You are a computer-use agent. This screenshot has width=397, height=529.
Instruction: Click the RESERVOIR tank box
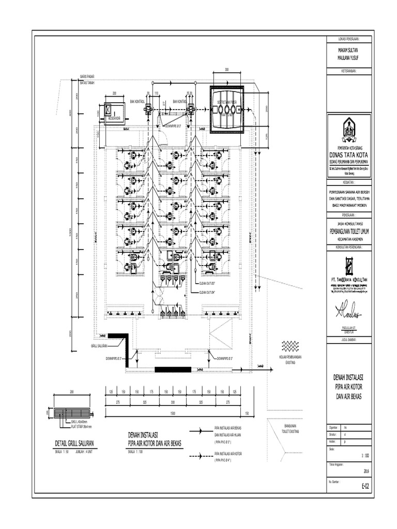coord(114,112)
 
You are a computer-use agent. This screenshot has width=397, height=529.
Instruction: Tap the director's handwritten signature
coord(352,310)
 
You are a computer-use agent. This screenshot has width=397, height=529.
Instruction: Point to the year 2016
coord(367,471)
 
